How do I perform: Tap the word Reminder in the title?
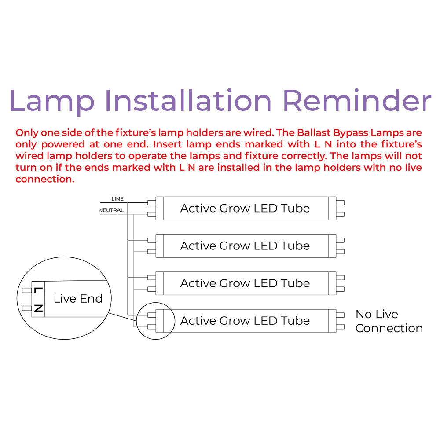pyautogui.click(x=357, y=100)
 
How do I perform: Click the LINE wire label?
pyautogui.click(x=117, y=199)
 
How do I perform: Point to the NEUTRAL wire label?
pyautogui.click(x=111, y=210)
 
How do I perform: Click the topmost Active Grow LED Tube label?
pyautogui.click(x=245, y=208)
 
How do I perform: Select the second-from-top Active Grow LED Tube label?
pyautogui.click(x=245, y=246)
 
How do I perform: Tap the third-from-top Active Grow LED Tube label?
pyautogui.click(x=245, y=283)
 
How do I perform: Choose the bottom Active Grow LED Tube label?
pyautogui.click(x=245, y=321)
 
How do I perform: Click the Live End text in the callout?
pyautogui.click(x=78, y=299)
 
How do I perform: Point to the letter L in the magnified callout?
pyautogui.click(x=38, y=290)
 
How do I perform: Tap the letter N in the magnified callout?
pyautogui.click(x=38, y=308)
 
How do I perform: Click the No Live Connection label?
pyautogui.click(x=389, y=321)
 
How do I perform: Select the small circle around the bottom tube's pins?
pyautogui.click(x=154, y=321)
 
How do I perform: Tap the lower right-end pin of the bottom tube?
pyautogui.click(x=340, y=327)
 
